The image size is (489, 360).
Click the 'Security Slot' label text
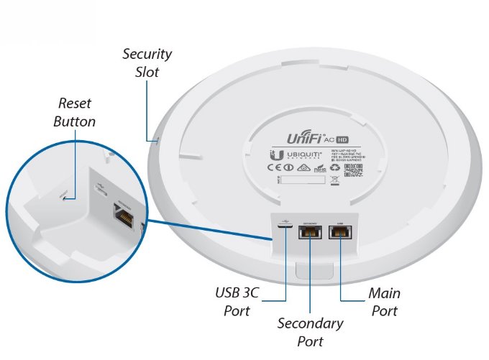click(x=147, y=63)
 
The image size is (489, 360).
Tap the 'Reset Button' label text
click(x=74, y=114)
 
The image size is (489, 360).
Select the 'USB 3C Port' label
click(x=237, y=303)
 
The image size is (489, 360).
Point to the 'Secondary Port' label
click(x=310, y=332)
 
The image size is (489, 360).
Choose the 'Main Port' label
click(x=384, y=302)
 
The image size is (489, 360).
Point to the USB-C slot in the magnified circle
click(x=100, y=191)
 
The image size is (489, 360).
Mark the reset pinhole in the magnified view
click(x=66, y=198)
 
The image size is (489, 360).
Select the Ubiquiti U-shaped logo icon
click(x=274, y=154)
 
